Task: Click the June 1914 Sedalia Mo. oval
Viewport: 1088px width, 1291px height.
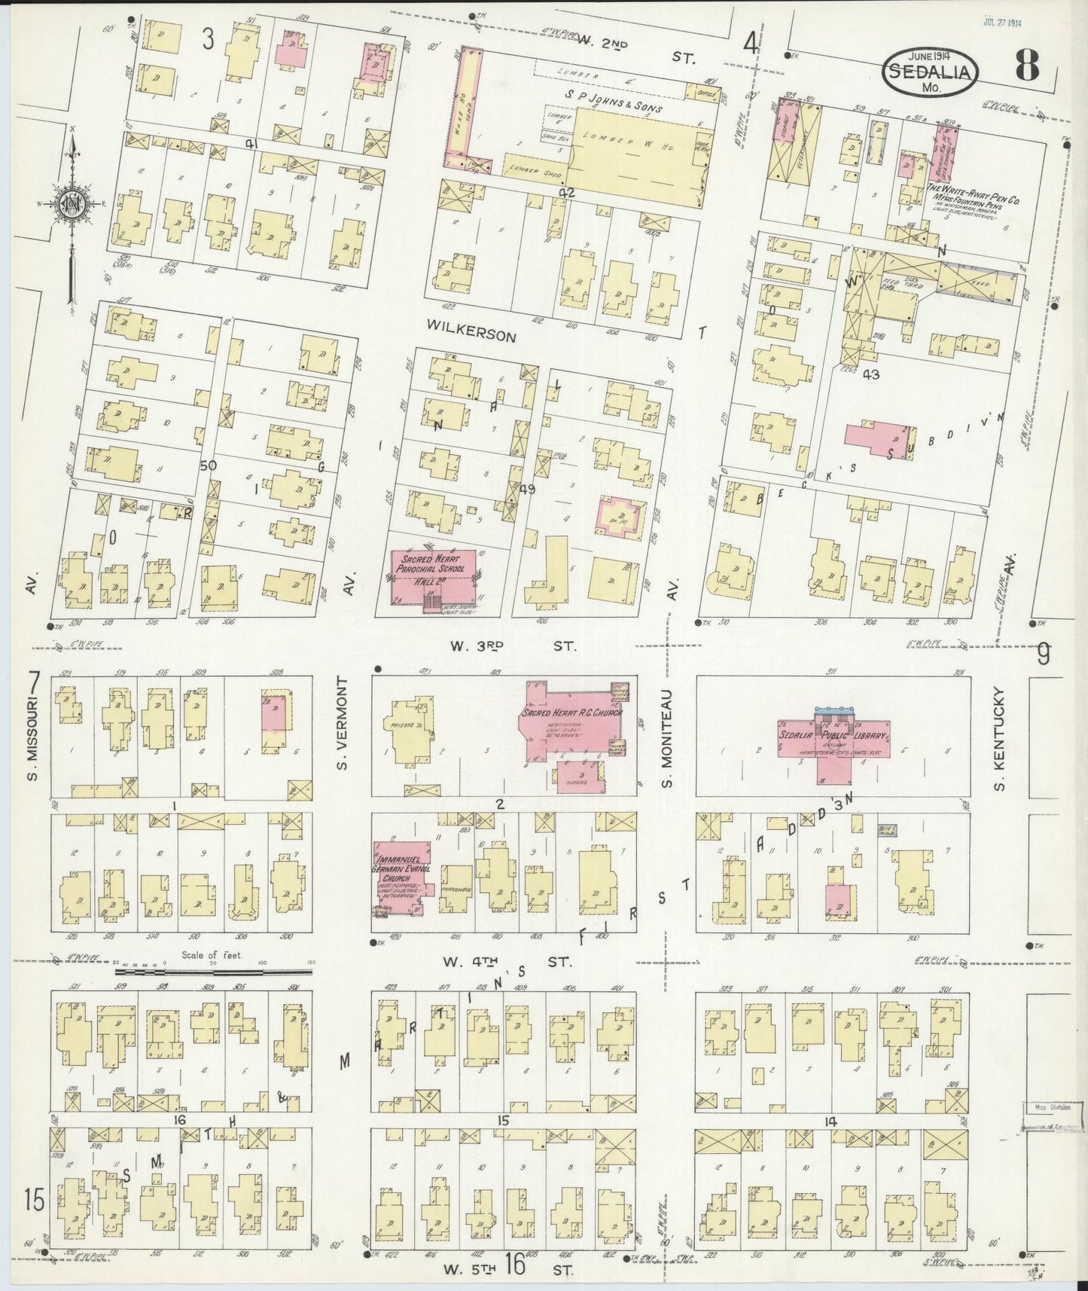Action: coord(932,70)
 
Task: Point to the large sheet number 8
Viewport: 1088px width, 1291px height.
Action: coord(1026,68)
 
